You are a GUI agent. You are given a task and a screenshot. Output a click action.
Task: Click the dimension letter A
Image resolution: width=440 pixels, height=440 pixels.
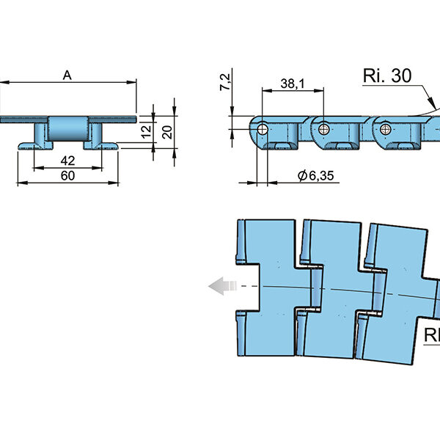coord(67,75)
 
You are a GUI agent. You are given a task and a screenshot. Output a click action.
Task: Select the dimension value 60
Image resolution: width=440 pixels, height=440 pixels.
coord(67,175)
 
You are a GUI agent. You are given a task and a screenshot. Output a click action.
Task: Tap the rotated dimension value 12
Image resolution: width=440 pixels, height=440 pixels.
coord(146,132)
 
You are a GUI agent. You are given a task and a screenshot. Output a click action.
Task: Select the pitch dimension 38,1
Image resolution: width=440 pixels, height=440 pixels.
coord(291,84)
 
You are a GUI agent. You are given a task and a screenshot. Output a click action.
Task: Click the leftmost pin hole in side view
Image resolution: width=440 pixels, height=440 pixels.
coord(262,128)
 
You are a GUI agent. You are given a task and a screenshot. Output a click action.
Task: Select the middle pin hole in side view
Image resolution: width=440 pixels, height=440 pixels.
coord(323,128)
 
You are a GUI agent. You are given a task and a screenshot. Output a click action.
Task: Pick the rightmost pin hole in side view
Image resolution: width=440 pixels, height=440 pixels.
coord(384,128)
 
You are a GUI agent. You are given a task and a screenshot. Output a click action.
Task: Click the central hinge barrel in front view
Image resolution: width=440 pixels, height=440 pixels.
coord(68,130)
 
